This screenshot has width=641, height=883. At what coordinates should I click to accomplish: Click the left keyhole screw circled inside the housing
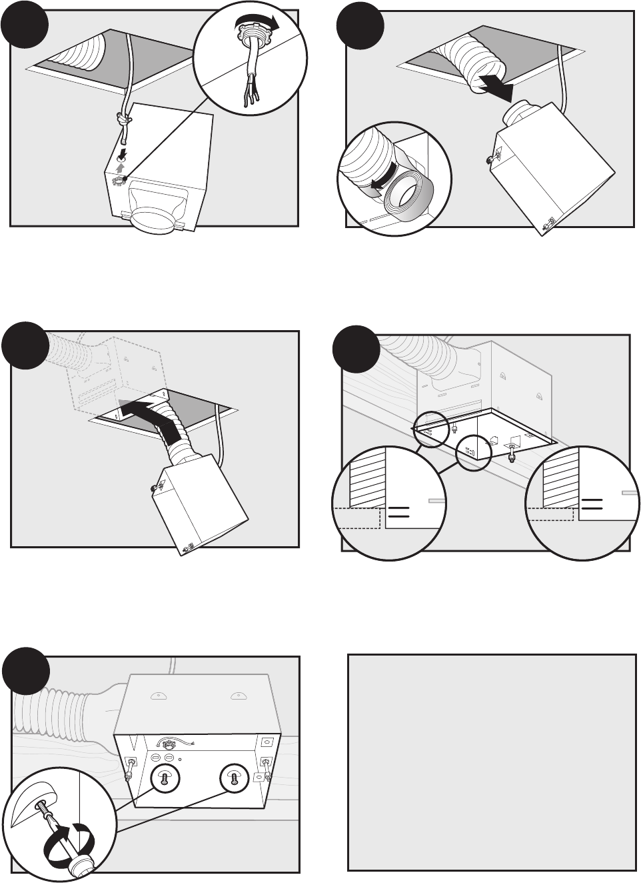tap(162, 778)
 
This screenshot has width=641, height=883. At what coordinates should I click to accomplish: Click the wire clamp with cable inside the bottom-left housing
tap(167, 742)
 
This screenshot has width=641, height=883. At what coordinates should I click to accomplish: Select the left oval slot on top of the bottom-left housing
tap(157, 696)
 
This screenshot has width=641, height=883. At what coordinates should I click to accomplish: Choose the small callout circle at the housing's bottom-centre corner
tap(473, 453)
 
